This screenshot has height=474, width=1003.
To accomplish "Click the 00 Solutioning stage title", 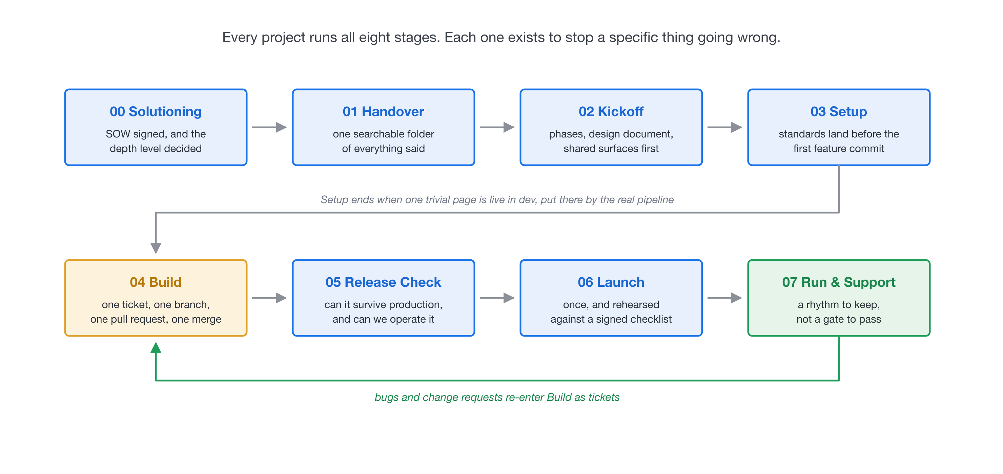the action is (156, 112).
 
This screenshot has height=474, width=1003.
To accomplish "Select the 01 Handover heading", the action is (384, 112).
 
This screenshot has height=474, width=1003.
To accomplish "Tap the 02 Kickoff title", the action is (611, 112).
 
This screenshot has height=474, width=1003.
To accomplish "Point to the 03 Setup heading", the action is (839, 112).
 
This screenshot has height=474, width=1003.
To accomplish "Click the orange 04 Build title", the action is (156, 282).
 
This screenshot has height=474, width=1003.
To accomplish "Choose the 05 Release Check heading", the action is (384, 282).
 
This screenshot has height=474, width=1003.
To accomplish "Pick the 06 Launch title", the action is (611, 282).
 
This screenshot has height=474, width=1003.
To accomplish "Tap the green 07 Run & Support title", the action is (839, 282).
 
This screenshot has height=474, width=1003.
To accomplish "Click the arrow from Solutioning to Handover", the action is (269, 127).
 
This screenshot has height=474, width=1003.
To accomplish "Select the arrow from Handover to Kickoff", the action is (497, 127).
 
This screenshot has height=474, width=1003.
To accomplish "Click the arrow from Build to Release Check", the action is (269, 298).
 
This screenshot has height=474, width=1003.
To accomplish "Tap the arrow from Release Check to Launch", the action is (497, 298).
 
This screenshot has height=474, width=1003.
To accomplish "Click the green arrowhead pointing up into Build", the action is (156, 347).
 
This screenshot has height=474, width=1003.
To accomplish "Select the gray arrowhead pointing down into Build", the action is (156, 248).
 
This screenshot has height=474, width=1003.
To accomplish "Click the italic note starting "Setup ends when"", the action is (497, 200).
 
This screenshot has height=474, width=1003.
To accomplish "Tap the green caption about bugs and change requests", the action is (497, 397).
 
